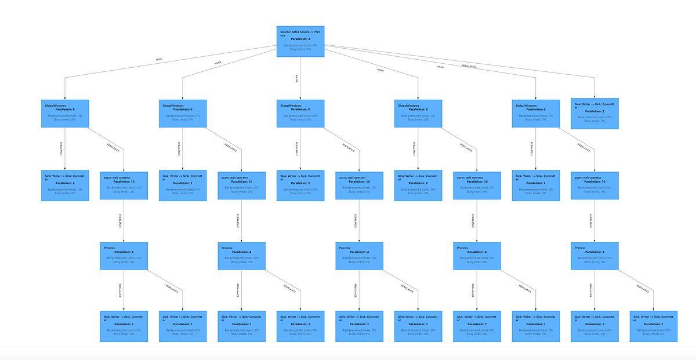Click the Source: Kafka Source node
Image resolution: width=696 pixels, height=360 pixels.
coord(300,41)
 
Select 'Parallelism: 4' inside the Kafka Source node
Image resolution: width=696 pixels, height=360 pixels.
coord(300,39)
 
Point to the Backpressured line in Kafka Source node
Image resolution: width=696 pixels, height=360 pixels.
coord(300,45)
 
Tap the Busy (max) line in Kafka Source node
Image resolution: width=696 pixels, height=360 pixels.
coord(300,49)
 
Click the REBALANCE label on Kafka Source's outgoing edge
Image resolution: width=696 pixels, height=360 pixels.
coord(469,66)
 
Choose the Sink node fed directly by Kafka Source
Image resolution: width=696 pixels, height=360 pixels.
coord(594,113)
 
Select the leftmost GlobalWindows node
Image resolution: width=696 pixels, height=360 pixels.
coord(65,114)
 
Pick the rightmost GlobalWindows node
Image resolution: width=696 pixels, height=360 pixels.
coord(535,114)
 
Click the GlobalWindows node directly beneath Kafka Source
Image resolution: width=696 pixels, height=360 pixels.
coord(300,114)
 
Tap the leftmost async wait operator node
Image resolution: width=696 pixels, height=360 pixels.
coord(124,186)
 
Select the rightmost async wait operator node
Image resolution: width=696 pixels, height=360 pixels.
coord(594,186)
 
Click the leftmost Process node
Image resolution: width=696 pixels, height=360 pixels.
coord(124,256)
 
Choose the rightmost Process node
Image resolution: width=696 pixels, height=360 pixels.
coord(594,256)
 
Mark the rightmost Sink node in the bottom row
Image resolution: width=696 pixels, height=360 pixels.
coord(653,326)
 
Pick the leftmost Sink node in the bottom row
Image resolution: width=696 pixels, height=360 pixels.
coord(124,326)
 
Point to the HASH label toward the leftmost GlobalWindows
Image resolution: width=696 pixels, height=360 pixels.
coord(159,59)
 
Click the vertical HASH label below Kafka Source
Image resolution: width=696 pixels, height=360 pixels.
coord(296,78)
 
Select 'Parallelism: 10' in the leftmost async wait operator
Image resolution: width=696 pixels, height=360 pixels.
coord(124,181)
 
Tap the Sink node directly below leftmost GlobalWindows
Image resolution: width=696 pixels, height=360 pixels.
coord(65,186)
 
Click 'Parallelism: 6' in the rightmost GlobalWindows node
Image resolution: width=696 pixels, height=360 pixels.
coord(535,110)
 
